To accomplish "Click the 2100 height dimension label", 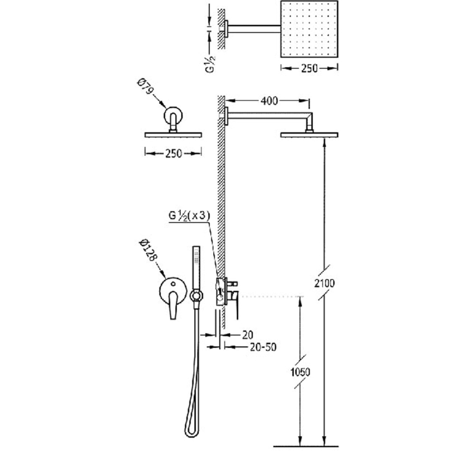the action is point(324,283).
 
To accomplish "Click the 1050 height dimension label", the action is point(300,372).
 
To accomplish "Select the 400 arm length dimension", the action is point(269,100).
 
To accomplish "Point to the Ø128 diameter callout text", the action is point(148,250).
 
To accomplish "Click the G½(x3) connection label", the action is point(189,216).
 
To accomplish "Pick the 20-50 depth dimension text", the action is point(263,347).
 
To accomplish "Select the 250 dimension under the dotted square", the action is point(309,68).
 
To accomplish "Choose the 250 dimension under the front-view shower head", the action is point(173,154).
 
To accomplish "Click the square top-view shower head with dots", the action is point(309,29).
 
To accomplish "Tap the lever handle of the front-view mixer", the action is point(173,305).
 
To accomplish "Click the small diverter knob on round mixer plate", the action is point(173,284).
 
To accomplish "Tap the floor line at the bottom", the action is point(306,446).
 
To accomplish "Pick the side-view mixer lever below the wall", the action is point(236,305).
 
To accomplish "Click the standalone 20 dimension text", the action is point(248,335).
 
